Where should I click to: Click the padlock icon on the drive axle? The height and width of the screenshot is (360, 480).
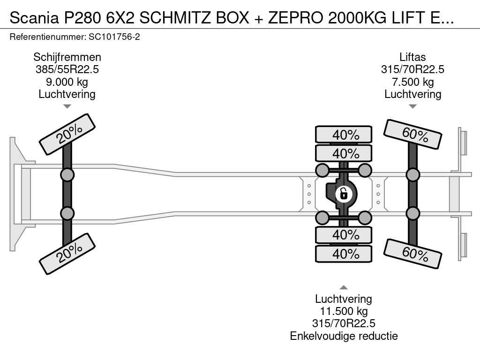344,194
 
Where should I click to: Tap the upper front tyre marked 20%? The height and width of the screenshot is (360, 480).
67,135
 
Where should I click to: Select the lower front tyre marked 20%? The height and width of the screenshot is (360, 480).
67,254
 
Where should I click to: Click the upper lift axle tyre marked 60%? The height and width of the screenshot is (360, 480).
412,134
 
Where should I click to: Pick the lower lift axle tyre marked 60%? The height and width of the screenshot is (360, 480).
412,254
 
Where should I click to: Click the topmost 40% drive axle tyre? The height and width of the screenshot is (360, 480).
344,135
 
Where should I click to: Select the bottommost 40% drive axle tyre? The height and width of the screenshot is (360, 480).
344,254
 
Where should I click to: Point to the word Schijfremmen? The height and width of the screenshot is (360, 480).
67,57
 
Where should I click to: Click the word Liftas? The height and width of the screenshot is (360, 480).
412,57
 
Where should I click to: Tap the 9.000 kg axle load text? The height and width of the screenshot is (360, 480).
67,82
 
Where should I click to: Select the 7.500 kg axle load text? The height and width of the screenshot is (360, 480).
412,82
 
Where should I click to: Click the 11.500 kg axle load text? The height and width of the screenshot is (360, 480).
344,311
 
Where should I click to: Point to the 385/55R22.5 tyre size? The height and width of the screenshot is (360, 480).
67,69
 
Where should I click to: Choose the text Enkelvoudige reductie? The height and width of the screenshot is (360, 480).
344,336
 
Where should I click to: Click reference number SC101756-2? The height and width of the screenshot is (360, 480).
114,37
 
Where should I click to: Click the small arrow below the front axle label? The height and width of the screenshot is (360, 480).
67,106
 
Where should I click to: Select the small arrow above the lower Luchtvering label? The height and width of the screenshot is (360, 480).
344,287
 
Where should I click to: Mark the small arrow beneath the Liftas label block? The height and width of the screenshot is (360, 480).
412,106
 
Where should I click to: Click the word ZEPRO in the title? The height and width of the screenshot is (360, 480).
296,18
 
